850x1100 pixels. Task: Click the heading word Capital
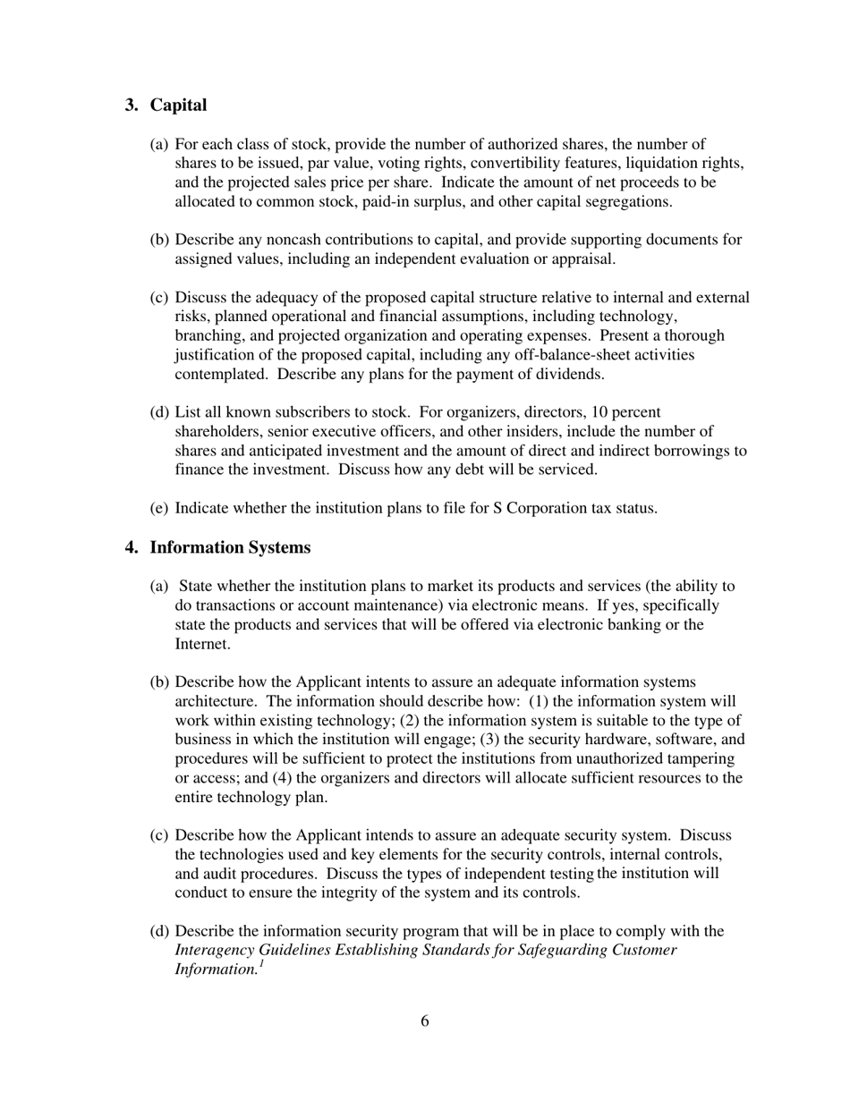coord(178,106)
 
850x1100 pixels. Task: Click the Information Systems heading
coord(230,547)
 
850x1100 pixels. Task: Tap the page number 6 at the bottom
coord(424,1021)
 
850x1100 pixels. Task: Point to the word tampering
coord(703,758)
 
